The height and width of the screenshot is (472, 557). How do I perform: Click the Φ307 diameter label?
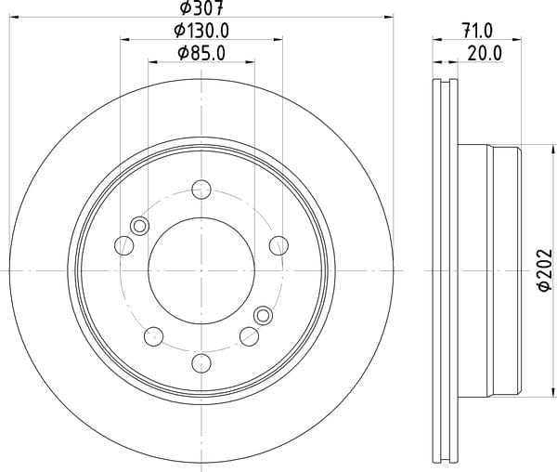(201, 7)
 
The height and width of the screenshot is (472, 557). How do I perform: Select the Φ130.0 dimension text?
(201, 31)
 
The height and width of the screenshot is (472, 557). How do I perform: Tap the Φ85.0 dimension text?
(201, 53)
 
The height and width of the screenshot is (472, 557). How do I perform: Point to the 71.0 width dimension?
(477, 31)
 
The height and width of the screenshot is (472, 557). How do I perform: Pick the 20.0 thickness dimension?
(485, 53)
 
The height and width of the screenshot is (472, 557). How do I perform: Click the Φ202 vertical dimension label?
(545, 270)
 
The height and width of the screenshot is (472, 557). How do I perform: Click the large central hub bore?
(201, 270)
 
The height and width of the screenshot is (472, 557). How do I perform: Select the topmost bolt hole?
(201, 190)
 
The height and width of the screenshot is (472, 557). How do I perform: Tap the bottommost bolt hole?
(201, 363)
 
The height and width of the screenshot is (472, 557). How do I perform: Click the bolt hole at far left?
(124, 245)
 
